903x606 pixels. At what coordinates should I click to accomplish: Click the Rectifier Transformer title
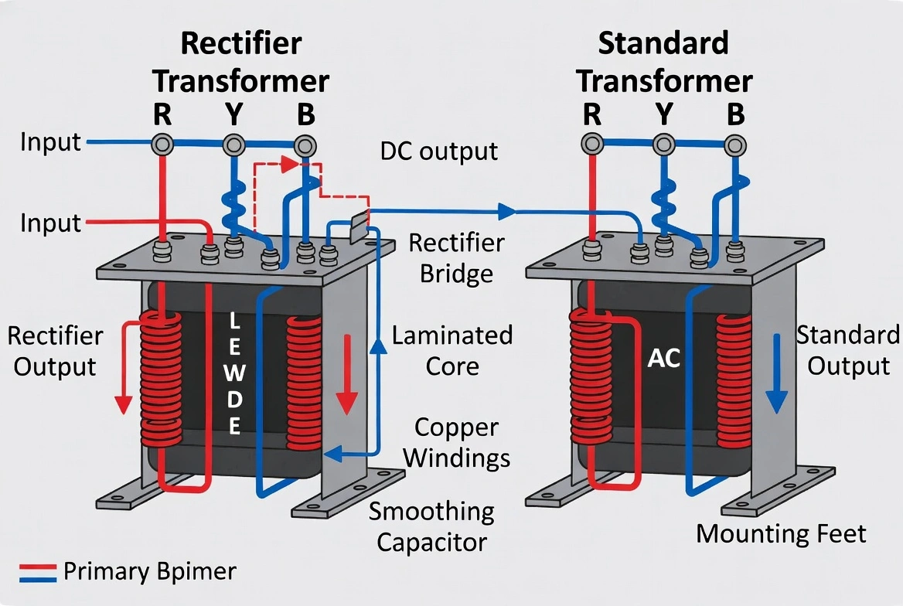coord(242,62)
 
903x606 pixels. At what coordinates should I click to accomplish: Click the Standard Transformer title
coord(664,62)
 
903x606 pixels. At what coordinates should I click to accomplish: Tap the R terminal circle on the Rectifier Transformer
coord(162,145)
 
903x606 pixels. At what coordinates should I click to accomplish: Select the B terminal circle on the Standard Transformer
coord(735,144)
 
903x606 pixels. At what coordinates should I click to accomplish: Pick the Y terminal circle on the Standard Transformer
coord(663,144)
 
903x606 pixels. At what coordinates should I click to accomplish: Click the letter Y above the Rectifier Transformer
coord(233,114)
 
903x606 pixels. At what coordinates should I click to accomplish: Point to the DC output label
coord(439,151)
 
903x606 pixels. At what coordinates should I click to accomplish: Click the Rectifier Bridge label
coord(456,258)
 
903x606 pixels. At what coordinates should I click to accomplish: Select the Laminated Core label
coord(452,350)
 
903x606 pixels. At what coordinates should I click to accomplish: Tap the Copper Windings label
coord(456,442)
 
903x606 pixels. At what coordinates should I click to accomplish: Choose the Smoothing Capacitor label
coord(431,526)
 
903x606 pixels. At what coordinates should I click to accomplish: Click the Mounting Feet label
coord(781,533)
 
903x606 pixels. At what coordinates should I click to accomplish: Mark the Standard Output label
coord(848,350)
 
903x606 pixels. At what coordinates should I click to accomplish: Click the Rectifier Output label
coord(55,351)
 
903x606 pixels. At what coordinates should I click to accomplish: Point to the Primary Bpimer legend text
coord(149,572)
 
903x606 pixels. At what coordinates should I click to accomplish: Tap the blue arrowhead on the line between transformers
coord(506,210)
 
